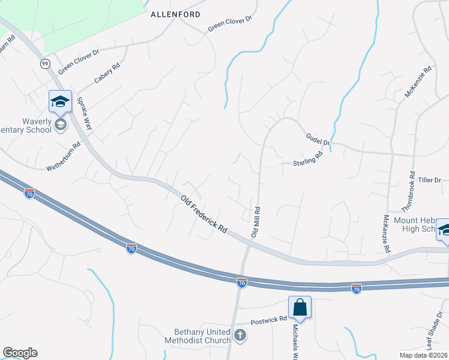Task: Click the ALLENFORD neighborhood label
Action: tap(175, 13)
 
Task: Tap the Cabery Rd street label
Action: tap(107, 74)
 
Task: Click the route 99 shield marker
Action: tap(45, 63)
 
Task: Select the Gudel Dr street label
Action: tap(318, 140)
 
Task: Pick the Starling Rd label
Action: tap(308, 158)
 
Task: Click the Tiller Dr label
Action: tap(429, 179)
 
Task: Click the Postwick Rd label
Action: tap(268, 320)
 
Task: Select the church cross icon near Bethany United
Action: tap(240, 335)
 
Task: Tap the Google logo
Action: tap(20, 353)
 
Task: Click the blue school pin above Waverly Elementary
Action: tap(60, 101)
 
